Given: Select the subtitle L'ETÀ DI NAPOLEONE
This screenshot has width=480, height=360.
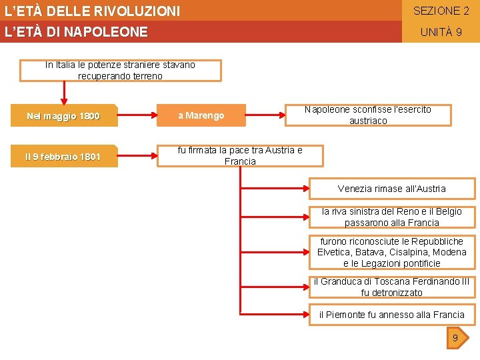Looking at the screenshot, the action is tap(76, 32).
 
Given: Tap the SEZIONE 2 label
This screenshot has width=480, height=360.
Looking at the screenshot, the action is tap(441, 11).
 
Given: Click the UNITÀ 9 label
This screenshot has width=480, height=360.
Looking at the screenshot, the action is tap(441, 32).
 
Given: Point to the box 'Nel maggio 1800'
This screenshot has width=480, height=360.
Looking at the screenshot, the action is tap(64, 116).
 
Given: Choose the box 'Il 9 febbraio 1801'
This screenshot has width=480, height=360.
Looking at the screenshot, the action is tap(64, 157).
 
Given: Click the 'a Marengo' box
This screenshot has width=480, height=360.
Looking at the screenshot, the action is tap(201, 116).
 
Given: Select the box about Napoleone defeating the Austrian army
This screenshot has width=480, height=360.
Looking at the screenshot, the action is tap(368, 115).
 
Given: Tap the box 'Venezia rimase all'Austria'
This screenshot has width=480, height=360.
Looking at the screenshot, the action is tap(392, 189).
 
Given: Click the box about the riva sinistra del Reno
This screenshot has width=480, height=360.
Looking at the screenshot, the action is tap(392, 217).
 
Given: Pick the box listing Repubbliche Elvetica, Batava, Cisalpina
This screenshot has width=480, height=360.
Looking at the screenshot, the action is tap(392, 252).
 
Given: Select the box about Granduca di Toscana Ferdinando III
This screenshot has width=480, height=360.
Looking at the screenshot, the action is tap(392, 287).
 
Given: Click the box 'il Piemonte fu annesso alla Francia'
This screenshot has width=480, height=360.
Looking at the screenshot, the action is tap(392, 315).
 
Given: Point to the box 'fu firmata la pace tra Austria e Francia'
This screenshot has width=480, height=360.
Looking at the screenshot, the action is tap(240, 156).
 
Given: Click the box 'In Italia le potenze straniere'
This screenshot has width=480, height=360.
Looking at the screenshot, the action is tap(120, 70).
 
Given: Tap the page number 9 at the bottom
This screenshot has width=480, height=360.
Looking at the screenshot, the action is tap(455, 339).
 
